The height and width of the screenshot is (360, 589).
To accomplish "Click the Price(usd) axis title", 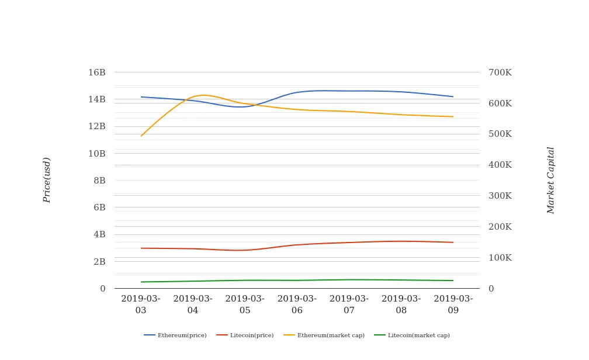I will point(47,180).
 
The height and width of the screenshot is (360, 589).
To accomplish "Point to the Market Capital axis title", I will point(551,180).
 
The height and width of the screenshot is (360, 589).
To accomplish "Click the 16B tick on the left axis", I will point(97,72).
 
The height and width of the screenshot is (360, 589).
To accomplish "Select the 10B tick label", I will point(97,154).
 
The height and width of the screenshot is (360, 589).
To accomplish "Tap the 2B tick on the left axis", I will point(99,262).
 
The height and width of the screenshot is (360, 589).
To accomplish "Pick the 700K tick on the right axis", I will point(500,72).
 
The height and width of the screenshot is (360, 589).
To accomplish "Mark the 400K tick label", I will point(500,165).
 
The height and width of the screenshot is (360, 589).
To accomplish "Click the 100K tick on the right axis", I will point(500,258).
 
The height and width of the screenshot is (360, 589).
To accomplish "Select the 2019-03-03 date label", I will point(141,304).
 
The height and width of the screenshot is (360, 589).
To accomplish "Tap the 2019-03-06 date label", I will point(297,304).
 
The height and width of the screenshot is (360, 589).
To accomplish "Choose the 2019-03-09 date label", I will point(453,304).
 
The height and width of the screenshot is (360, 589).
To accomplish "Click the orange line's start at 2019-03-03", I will point(141,136).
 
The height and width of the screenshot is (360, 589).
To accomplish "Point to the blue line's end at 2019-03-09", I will point(453,96).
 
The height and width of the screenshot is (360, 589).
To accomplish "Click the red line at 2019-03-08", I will point(401,241).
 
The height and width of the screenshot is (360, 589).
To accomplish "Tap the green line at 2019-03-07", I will point(349,279).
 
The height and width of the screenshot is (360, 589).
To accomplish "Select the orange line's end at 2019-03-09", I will point(453,117).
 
